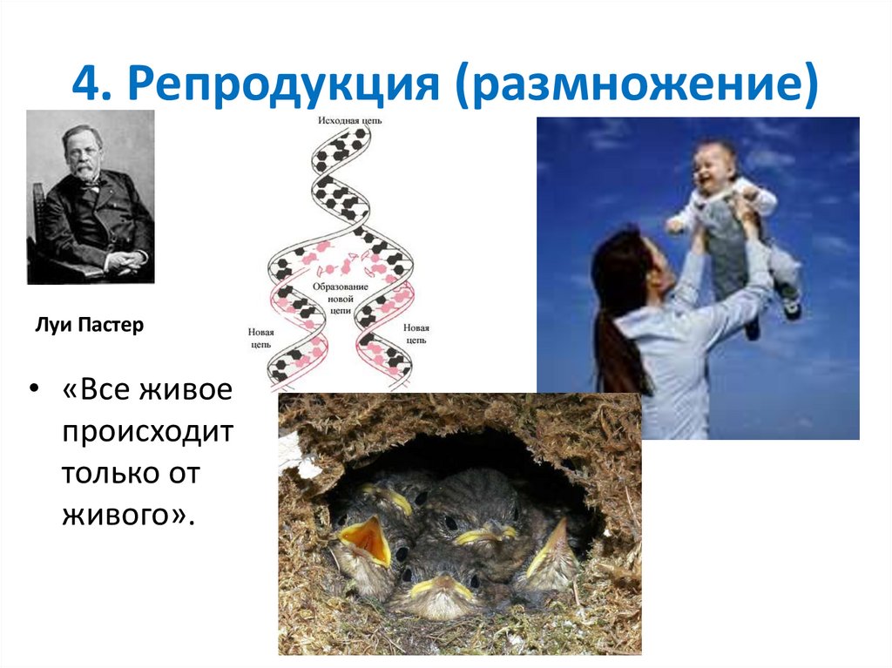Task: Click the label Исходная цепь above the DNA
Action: [349, 120]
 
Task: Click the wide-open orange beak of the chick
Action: [364, 536]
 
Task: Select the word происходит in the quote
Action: [147, 432]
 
